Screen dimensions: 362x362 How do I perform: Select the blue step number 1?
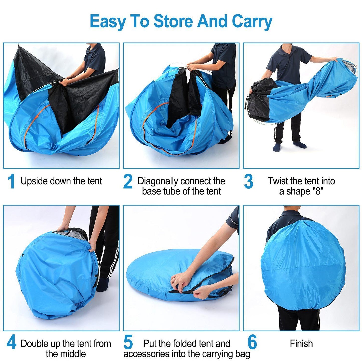tap(11, 181)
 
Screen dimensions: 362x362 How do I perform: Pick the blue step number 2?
tap(128, 182)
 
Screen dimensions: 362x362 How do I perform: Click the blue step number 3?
tap(248, 182)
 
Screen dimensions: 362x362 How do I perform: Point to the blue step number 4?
tap(11, 343)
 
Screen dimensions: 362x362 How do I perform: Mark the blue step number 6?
tap(252, 342)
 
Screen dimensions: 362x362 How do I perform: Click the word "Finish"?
tap(301, 344)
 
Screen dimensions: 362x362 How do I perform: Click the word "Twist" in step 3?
tap(278, 181)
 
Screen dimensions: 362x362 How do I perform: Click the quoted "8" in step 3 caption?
tap(318, 191)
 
